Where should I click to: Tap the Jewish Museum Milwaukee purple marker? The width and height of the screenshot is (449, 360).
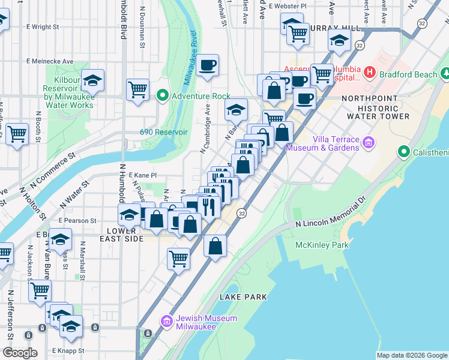166,322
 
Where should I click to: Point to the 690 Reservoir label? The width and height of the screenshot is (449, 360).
164,132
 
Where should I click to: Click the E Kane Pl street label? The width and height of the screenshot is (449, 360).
142,175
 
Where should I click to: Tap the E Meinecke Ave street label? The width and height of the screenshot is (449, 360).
50,61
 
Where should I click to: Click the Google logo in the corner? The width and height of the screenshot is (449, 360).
20,353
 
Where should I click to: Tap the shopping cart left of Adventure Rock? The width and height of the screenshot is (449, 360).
138,89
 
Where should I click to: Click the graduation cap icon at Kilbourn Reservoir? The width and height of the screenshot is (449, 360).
92,80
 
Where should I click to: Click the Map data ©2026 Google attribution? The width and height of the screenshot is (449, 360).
411,355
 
